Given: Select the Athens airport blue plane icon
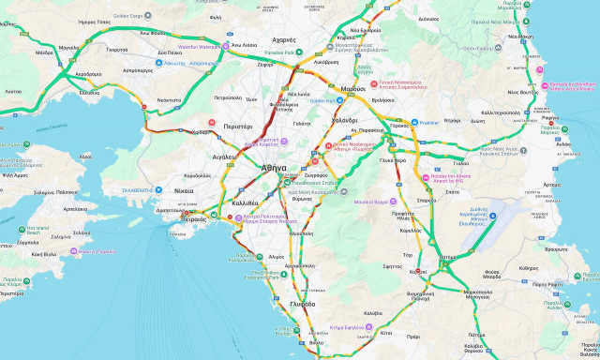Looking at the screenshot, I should (x=493, y=216).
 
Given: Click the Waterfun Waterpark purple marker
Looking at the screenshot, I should (x=213, y=45).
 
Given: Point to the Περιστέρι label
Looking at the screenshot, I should (x=237, y=126).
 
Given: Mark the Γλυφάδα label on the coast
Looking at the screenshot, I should (x=303, y=304).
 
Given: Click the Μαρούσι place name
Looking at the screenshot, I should (x=352, y=88).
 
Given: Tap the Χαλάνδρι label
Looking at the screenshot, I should (x=344, y=120).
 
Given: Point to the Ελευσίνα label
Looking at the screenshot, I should (x=89, y=93).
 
